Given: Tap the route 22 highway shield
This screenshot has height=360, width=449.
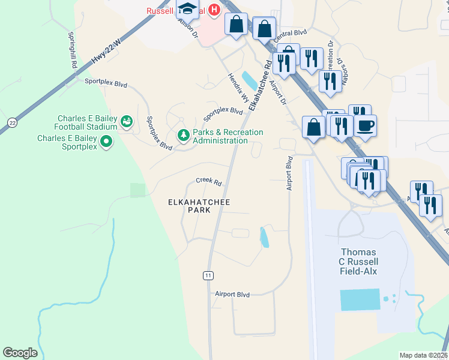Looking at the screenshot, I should coord(12,122).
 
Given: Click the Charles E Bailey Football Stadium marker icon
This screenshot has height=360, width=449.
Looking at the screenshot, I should coord(126,122).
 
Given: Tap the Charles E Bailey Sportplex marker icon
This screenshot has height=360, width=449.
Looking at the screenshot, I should coord(106,142).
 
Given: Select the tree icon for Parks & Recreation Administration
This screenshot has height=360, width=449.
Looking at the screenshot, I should coord(183,136).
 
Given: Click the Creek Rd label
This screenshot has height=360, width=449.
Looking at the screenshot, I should coord(208,182).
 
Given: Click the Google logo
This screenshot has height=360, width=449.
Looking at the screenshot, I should coord(20,353).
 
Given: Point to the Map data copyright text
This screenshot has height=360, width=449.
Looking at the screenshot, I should coord(423,355).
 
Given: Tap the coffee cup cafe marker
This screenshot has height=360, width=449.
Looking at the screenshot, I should coord(365,125).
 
